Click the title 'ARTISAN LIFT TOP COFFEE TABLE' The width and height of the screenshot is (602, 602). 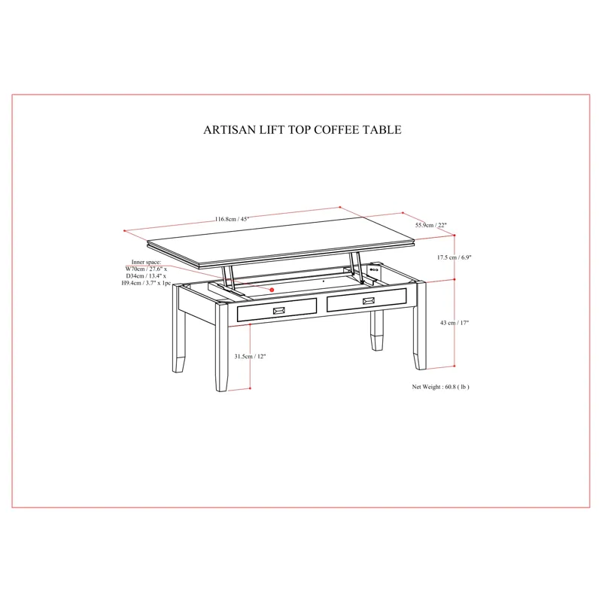coord(303,129)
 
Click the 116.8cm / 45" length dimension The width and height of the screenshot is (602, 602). coord(232,219)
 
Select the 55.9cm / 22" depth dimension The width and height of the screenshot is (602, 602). coord(430,225)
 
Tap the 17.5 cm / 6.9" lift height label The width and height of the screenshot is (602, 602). coord(454,257)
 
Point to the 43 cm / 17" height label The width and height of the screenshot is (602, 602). coord(455,323)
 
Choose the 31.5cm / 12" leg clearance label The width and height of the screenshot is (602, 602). coord(250,356)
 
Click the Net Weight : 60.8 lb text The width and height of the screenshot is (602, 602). coord(440,387)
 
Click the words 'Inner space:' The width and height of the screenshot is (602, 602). coord(146,262)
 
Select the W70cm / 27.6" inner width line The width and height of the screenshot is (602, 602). coord(146,269)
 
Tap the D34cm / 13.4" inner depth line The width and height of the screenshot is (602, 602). coord(146,276)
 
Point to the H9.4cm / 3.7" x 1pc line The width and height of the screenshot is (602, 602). coord(146,283)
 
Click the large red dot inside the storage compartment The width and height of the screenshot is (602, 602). coord(272,290)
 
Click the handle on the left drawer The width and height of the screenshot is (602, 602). coord(278,311)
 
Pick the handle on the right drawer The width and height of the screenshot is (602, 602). coord(369,301)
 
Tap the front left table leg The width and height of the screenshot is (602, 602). coord(221,347)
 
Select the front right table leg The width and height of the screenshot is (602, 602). coord(421,326)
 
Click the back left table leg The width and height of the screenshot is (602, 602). coord(178,328)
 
